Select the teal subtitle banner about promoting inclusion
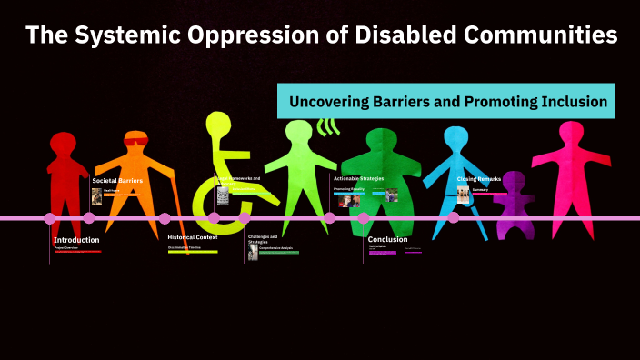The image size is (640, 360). [446, 102]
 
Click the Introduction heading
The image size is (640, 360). [75, 240]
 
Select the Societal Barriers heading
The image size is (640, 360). [117, 180]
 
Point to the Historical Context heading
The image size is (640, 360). [193, 237]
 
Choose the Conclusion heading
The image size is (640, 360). [387, 240]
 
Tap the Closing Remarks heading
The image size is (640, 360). [478, 180]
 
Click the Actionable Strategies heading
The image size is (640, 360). [359, 179]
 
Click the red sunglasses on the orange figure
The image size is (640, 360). [135, 141]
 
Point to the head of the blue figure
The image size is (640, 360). [458, 139]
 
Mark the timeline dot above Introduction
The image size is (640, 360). [50, 218]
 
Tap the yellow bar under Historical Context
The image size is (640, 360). [192, 252]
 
